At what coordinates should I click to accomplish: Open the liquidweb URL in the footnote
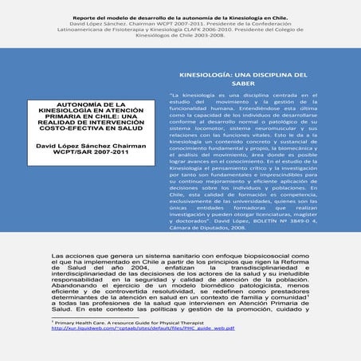127,327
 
